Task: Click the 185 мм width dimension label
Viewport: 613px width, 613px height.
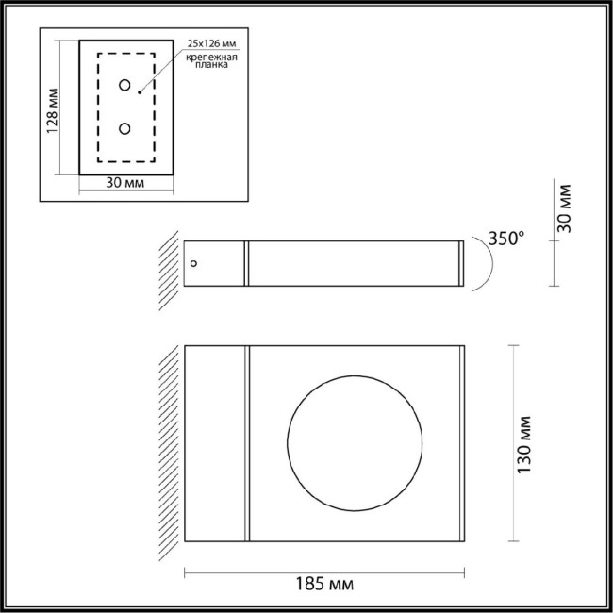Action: coord(324,586)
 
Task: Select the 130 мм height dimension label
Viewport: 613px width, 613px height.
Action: coord(525,444)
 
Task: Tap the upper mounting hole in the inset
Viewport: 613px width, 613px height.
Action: coord(124,86)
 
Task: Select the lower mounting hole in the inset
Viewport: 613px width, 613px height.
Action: coord(124,127)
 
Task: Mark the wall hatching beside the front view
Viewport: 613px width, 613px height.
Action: coord(173,443)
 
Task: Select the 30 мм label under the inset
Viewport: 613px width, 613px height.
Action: coord(125,184)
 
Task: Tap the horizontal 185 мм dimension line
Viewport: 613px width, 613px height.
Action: coord(324,571)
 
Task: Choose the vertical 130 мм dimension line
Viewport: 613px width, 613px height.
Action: coord(512,444)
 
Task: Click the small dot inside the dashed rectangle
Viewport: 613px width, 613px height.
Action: coord(140,92)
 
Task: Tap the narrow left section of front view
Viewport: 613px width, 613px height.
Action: coord(216,444)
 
